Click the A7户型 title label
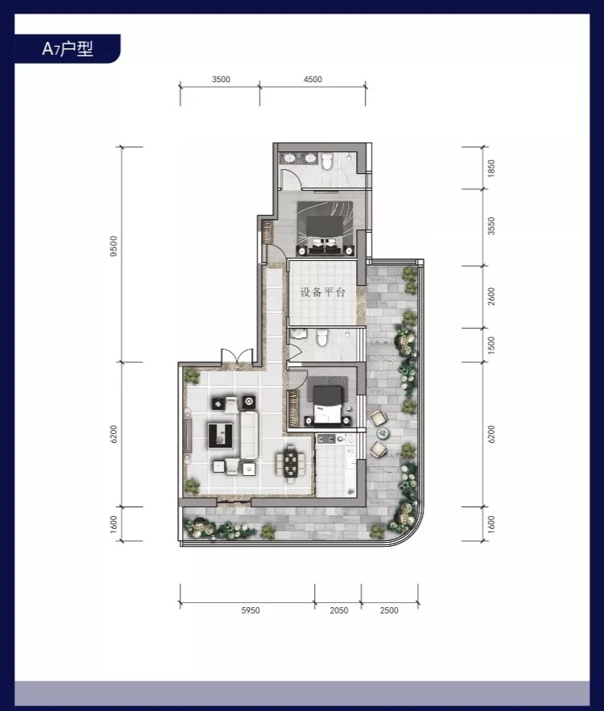pyautogui.click(x=67, y=48)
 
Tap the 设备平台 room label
pyautogui.click(x=322, y=292)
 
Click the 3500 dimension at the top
pyautogui.click(x=221, y=79)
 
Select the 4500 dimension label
pyautogui.click(x=312, y=79)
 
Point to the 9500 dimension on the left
pyautogui.click(x=114, y=246)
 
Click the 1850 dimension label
pyautogui.click(x=490, y=168)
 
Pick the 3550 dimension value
pyautogui.click(x=490, y=225)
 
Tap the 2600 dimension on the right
pyautogui.click(x=490, y=296)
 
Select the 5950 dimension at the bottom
pyautogui.click(x=250, y=610)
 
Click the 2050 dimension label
pyautogui.click(x=339, y=610)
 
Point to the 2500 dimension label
pyautogui.click(x=389, y=610)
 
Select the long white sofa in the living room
pyautogui.click(x=249, y=434)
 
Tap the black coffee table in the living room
pyautogui.click(x=221, y=436)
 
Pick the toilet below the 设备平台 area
pyautogui.click(x=322, y=337)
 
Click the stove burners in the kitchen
pyautogui.click(x=326, y=439)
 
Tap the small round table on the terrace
pyautogui.click(x=383, y=433)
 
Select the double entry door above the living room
pyautogui.click(x=237, y=356)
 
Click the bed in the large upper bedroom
pyautogui.click(x=325, y=228)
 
